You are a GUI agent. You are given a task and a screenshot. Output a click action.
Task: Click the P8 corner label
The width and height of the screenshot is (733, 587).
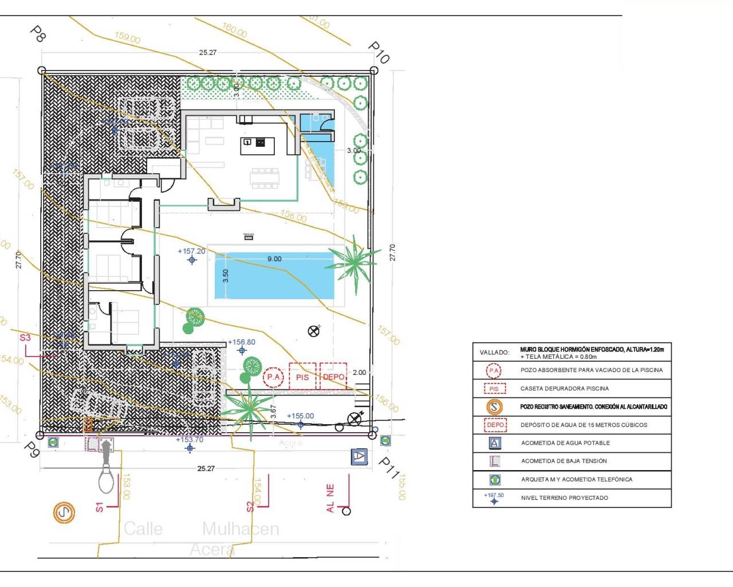pyautogui.click(x=37, y=33)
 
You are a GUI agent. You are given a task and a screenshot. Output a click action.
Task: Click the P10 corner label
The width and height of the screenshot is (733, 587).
pyautogui.click(x=379, y=52)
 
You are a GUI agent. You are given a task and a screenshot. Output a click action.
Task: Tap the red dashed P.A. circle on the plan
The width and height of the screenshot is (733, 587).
pyautogui.click(x=273, y=377)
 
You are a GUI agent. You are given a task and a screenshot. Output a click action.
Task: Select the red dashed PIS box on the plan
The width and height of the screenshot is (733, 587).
pyautogui.click(x=302, y=377)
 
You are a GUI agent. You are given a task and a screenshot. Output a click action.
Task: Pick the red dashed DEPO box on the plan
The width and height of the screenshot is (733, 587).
pyautogui.click(x=333, y=377)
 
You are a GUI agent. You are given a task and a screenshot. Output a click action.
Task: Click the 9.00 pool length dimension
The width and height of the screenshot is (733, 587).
pyautogui.click(x=274, y=259)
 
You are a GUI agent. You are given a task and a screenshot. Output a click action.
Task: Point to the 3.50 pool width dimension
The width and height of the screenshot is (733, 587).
pyautogui.click(x=226, y=276)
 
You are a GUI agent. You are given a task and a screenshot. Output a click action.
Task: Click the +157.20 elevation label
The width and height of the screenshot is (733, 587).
pyautogui.click(x=191, y=251)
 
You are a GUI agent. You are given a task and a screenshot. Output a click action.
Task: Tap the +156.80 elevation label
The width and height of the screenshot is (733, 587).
pyautogui.click(x=242, y=342)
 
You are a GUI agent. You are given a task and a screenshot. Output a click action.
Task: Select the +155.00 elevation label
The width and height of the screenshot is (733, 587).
pyautogui.click(x=300, y=416)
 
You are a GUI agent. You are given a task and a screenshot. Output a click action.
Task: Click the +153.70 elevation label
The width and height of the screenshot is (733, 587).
pyautogui.click(x=190, y=440)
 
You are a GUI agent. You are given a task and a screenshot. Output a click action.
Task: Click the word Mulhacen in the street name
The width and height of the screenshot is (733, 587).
pyautogui.click(x=241, y=529)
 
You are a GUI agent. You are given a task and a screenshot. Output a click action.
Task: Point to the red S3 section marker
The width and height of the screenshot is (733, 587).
pyautogui.click(x=25, y=338)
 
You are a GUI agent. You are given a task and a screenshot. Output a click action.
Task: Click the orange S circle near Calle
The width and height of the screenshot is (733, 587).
pyautogui.click(x=64, y=512)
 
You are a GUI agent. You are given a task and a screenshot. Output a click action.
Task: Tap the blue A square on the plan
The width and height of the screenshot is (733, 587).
pyautogui.click(x=359, y=457)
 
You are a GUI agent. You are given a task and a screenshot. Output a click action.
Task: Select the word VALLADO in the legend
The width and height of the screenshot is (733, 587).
pyautogui.click(x=494, y=353)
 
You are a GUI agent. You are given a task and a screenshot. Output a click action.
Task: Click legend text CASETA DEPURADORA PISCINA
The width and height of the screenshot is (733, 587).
pyautogui.click(x=564, y=389)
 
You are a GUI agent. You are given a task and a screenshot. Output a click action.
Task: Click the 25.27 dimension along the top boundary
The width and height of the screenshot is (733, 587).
pyautogui.click(x=208, y=53)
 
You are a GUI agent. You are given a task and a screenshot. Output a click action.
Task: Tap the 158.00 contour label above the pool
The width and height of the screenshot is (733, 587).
pyautogui.click(x=294, y=216)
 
